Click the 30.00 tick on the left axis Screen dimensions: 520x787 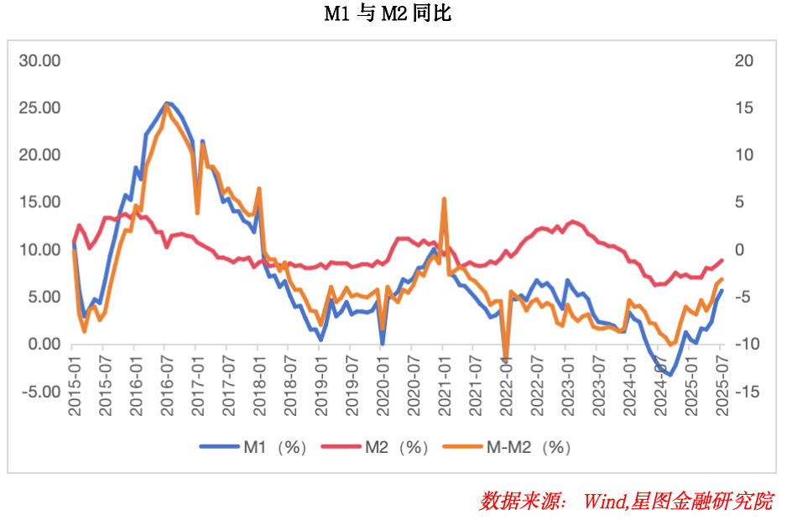tap(40, 60)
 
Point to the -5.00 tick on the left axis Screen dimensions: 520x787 tap(40, 392)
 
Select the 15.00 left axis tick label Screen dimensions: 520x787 tap(40, 202)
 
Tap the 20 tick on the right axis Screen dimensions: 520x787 tap(743, 60)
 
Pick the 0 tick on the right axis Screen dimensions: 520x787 tap(739, 250)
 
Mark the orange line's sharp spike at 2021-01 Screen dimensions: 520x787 tap(444, 200)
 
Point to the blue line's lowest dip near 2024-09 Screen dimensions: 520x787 tap(670, 374)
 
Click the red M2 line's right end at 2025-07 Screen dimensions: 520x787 tap(722, 260)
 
